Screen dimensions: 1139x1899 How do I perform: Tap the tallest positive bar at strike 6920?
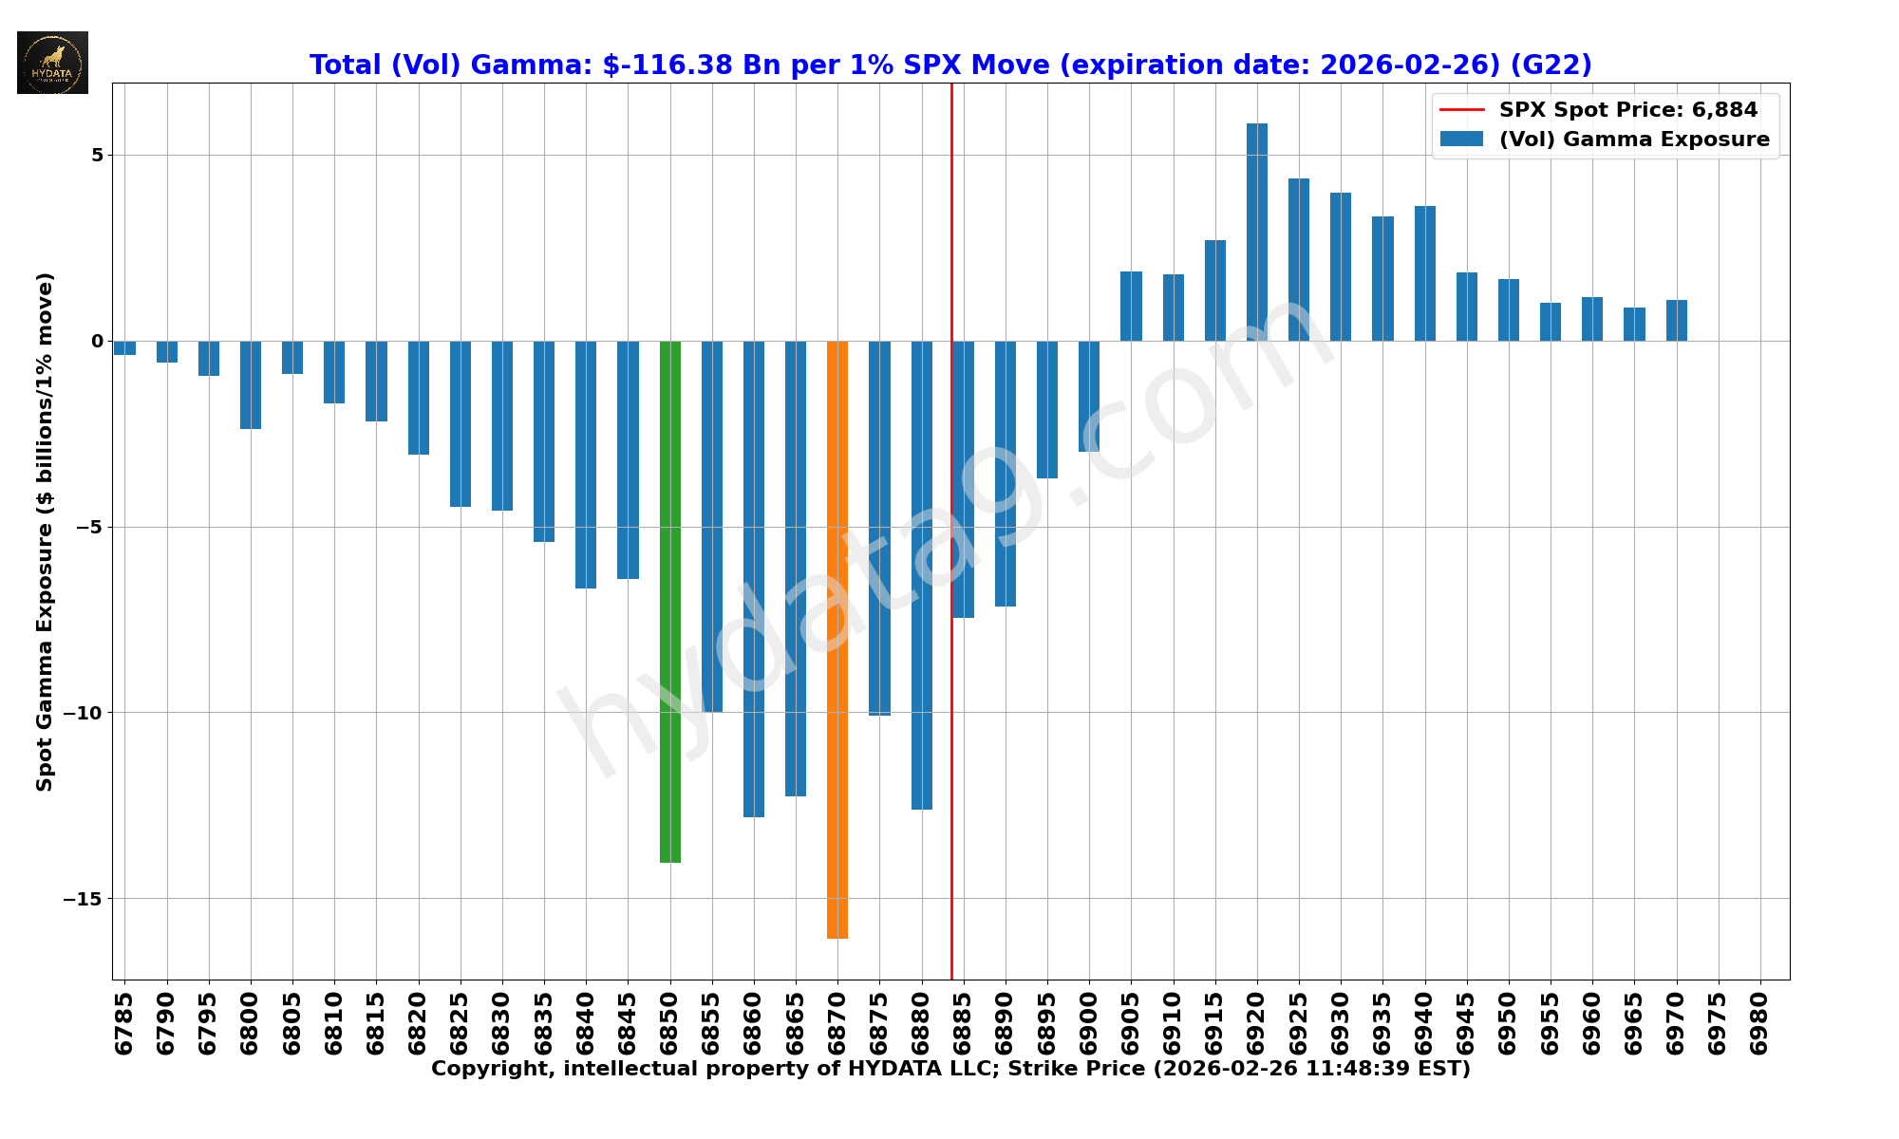1256,232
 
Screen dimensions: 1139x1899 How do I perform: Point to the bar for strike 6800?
251,384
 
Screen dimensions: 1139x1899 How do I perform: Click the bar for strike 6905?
1131,306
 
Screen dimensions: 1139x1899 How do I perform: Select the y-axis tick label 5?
96,155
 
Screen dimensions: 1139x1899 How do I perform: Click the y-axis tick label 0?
96,341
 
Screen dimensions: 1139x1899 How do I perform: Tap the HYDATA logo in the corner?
52,63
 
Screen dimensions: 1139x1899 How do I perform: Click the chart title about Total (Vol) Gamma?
949,65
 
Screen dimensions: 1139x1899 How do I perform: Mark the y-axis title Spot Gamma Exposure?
45,532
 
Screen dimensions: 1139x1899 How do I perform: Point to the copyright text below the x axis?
949,1069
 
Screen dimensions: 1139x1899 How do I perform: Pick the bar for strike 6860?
754,578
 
